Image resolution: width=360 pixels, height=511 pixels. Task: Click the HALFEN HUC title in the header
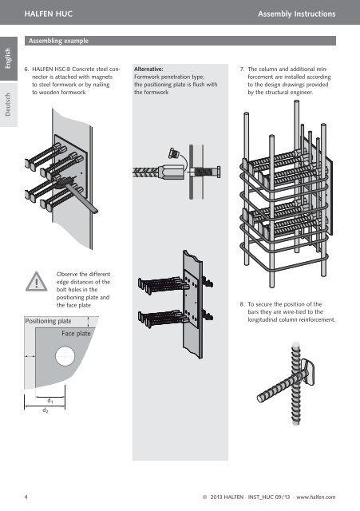(48, 14)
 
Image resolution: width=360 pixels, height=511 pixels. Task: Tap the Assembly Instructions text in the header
(296, 14)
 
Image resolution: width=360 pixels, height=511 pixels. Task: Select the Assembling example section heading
(58, 41)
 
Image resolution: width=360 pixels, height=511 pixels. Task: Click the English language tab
(9, 58)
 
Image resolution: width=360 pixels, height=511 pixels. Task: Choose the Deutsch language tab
(9, 105)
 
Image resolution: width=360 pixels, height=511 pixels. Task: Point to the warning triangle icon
(37, 282)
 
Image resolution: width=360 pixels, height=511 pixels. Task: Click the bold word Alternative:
(148, 69)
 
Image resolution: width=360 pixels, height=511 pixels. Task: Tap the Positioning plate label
(48, 321)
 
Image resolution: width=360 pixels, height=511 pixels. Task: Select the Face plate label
(76, 334)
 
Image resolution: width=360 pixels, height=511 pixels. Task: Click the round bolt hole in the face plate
(65, 356)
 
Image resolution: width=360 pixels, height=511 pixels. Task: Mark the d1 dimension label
(50, 401)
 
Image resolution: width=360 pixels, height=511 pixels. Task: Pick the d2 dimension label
(45, 410)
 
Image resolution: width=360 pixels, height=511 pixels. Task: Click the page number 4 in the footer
(26, 497)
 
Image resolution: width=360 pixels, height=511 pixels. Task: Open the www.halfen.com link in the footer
(315, 497)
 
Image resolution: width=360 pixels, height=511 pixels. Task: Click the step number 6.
(26, 69)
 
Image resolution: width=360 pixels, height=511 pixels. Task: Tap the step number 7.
(242, 69)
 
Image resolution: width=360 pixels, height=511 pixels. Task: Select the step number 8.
(242, 304)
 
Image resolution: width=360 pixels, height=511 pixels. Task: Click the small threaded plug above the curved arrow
(173, 153)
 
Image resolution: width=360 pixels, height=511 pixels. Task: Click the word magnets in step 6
(102, 77)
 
